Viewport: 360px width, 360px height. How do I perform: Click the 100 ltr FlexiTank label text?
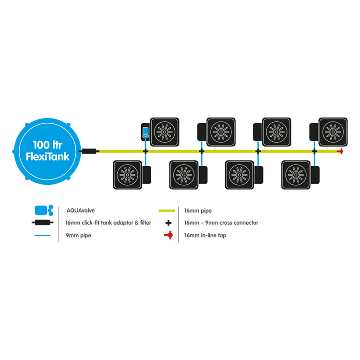tap(48, 151)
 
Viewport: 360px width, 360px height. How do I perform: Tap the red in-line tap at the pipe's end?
tap(340, 151)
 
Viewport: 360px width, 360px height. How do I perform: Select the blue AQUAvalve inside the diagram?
tap(145, 132)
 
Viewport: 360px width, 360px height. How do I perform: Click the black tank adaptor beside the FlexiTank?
tap(89, 151)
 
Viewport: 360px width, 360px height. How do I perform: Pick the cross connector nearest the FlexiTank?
tap(145, 151)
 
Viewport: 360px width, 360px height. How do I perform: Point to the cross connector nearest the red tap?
tap(314, 151)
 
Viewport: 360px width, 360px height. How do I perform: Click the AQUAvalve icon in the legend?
tap(44, 210)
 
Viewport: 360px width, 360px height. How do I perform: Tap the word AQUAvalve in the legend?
tap(80, 211)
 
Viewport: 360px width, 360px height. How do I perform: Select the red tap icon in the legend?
tap(168, 235)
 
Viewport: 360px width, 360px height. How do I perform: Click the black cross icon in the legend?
tap(168, 223)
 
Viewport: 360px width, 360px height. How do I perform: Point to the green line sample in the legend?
tap(167, 211)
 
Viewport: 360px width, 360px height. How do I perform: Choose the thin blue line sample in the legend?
tap(42, 235)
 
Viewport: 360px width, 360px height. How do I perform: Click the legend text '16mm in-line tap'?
tap(205, 235)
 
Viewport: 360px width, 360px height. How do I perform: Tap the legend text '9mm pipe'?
tap(78, 235)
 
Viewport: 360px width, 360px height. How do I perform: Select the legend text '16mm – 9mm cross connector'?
tap(221, 223)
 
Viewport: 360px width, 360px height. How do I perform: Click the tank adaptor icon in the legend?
tap(42, 222)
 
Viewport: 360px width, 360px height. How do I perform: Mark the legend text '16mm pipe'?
tap(198, 211)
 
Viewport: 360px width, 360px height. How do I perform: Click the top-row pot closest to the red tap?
tap(328, 132)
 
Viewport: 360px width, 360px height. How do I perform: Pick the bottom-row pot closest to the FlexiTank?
tap(132, 175)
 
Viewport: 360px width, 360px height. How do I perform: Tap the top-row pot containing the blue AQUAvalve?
tap(160, 132)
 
